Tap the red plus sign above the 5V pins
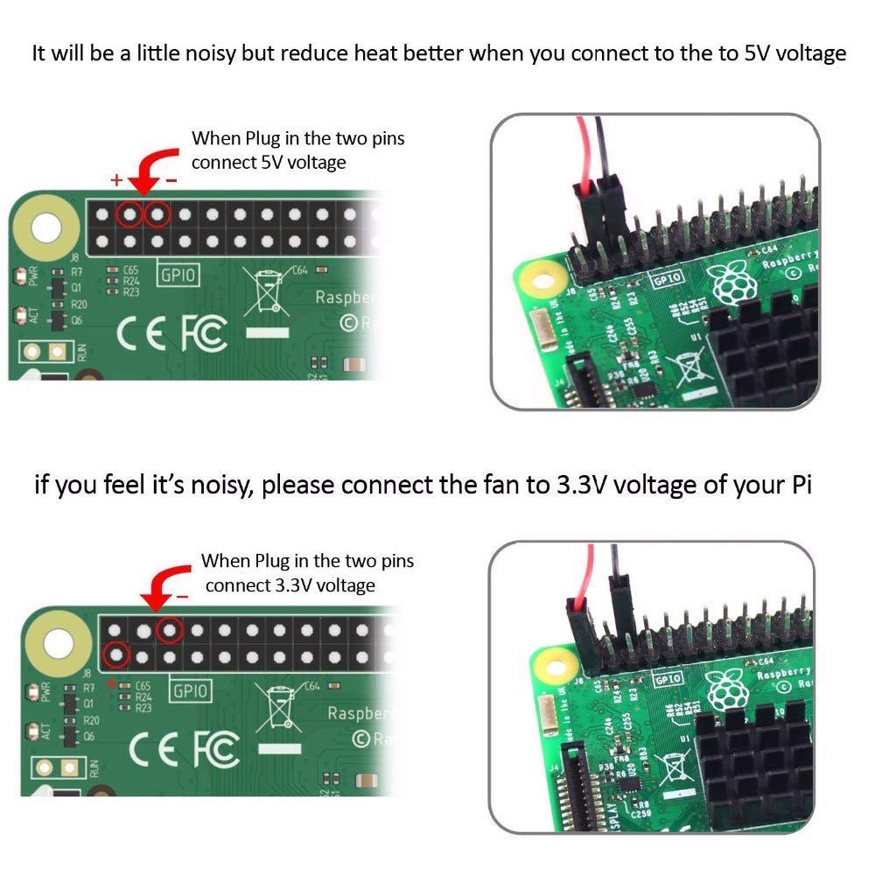click(115, 180)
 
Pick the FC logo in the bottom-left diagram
click(215, 748)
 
